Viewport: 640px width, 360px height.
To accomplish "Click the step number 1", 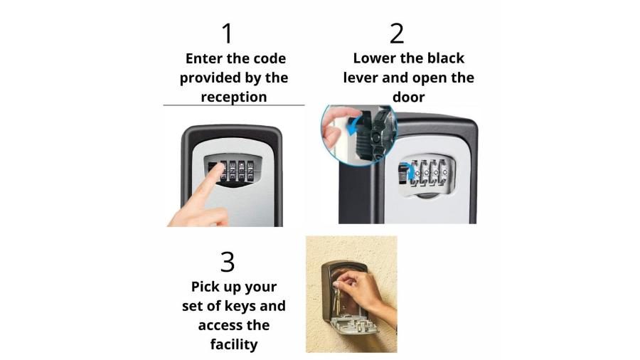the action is (x=228, y=33).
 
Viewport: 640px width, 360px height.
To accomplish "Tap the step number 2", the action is (x=397, y=33).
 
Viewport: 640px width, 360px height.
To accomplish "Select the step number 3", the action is (x=228, y=262).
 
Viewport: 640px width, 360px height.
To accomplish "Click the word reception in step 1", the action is (x=234, y=97).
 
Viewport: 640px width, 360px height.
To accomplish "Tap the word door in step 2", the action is (x=409, y=97).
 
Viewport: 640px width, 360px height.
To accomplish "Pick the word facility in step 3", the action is (x=234, y=344).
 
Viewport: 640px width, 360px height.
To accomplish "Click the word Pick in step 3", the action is (x=206, y=287).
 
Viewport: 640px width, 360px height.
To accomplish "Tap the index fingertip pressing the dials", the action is (x=219, y=167).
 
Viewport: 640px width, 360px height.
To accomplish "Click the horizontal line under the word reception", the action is (x=234, y=105).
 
